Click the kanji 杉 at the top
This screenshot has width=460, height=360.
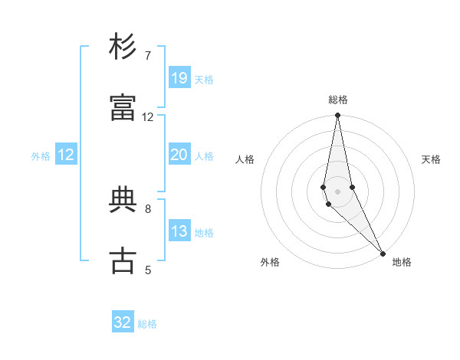[123, 47]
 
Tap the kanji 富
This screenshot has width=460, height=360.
[123, 109]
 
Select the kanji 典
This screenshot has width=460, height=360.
[123, 200]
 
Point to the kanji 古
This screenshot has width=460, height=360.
[123, 261]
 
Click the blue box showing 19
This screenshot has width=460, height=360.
[179, 77]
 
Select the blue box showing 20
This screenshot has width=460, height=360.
[179, 154]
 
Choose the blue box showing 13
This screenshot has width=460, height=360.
[179, 231]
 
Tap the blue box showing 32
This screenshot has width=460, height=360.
[123, 322]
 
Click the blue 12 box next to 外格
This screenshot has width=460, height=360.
[66, 155]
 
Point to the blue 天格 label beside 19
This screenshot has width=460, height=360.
[204, 79]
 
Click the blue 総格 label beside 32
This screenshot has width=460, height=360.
[147, 324]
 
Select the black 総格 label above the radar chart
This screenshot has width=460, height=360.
[338, 100]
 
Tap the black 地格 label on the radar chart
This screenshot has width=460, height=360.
[402, 262]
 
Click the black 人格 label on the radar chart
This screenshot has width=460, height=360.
[245, 159]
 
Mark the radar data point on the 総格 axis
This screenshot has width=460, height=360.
[337, 116]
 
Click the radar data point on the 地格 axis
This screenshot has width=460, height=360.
[383, 253]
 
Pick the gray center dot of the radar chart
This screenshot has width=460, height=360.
[337, 191]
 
